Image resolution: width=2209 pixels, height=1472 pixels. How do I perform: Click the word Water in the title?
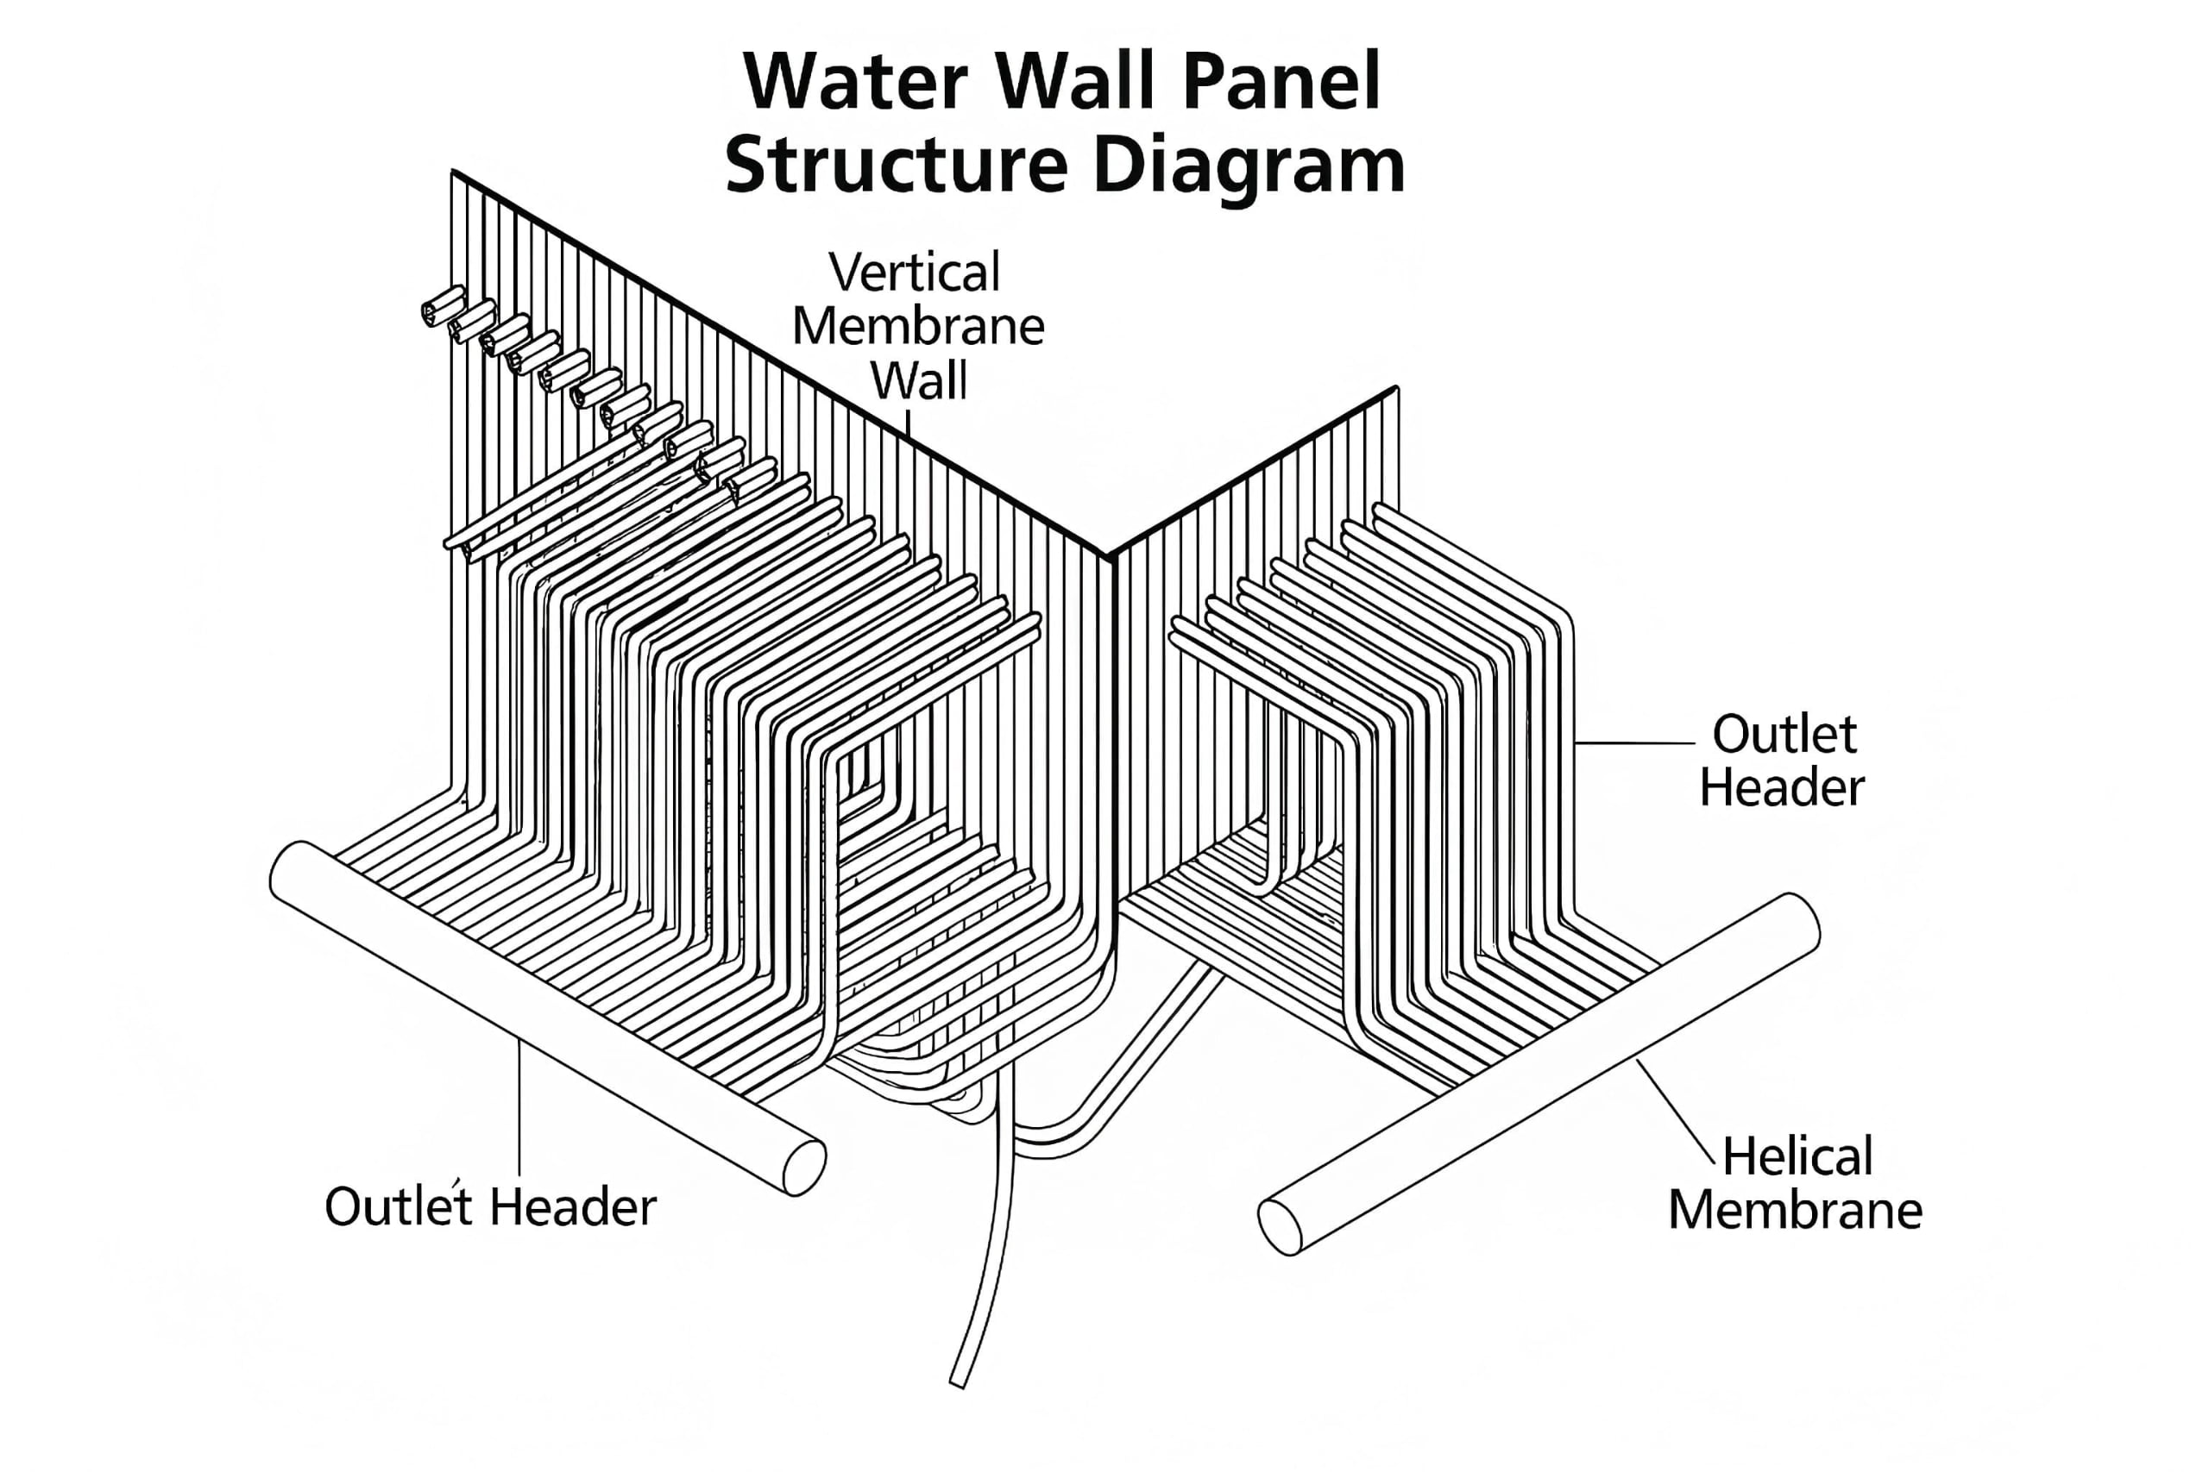click(854, 83)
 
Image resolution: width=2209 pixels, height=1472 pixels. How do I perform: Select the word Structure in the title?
click(896, 167)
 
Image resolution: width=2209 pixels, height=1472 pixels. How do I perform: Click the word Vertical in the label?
click(914, 273)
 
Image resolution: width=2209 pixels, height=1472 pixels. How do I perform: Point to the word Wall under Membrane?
click(917, 382)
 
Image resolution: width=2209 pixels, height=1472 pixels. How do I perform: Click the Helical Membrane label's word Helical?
click(1797, 1156)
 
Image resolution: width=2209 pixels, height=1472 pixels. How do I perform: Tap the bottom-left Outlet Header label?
click(489, 1207)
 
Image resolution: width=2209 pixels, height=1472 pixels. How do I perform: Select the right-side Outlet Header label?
click(1782, 761)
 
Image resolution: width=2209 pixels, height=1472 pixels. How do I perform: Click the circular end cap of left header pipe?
click(804, 1168)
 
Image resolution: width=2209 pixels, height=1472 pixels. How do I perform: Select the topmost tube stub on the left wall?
click(443, 306)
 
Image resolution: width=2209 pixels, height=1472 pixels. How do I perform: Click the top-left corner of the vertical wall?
click(454, 172)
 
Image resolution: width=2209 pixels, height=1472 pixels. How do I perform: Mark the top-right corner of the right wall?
click(1397, 389)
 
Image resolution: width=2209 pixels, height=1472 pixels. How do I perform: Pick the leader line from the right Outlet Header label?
click(1634, 743)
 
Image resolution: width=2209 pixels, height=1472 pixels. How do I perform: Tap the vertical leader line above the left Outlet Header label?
click(519, 1108)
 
